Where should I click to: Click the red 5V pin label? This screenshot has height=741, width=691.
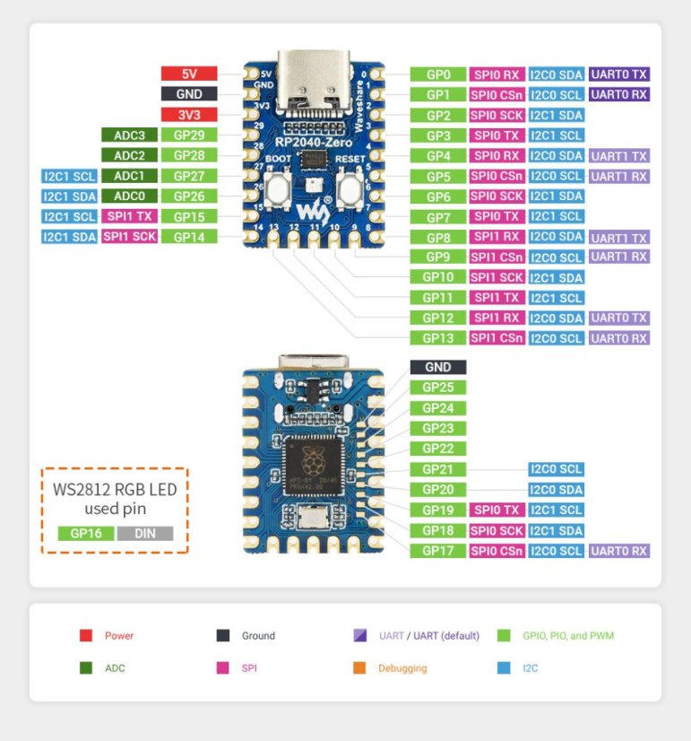tap(188, 74)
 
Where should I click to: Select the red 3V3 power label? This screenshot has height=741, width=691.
tap(188, 115)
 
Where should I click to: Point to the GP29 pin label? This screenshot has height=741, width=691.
tap(188, 135)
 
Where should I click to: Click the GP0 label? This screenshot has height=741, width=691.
tap(437, 74)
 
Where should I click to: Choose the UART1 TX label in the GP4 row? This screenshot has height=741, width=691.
tap(618, 156)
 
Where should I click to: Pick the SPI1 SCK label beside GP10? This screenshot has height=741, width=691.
tap(497, 277)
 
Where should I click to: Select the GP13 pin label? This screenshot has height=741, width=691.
tap(437, 338)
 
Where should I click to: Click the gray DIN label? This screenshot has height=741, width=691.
tap(144, 533)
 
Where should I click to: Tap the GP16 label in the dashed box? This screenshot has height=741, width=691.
tap(85, 533)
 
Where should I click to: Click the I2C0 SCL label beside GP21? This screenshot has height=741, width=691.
tap(556, 469)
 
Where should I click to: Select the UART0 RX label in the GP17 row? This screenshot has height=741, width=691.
tap(618, 551)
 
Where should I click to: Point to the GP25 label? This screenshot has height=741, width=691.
tap(437, 388)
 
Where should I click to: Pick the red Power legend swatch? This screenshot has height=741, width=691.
tap(86, 636)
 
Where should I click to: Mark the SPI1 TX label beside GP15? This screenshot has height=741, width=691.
tap(129, 216)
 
